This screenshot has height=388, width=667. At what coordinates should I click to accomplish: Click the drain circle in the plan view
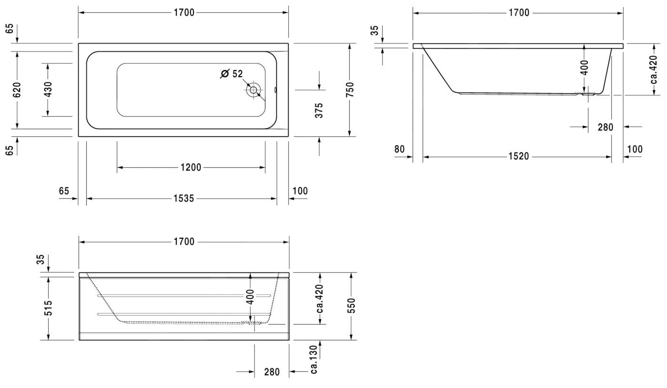click(x=253, y=90)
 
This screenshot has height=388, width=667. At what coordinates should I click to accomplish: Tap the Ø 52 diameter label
click(x=232, y=74)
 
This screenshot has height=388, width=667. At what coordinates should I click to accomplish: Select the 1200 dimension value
click(x=191, y=167)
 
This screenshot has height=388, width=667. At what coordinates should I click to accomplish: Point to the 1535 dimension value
click(x=183, y=198)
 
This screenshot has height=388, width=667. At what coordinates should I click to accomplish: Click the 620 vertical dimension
click(x=17, y=90)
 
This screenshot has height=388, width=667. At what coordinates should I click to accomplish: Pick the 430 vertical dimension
click(x=48, y=90)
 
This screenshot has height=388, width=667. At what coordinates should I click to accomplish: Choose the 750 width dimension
click(x=350, y=90)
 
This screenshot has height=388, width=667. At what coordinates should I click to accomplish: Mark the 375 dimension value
click(x=319, y=110)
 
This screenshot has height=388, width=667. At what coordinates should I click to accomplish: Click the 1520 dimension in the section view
click(x=518, y=156)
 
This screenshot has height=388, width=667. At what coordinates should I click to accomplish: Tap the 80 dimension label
click(x=399, y=149)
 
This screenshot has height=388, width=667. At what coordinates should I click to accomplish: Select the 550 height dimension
click(x=351, y=306)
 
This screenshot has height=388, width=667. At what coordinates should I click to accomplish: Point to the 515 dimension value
click(x=48, y=308)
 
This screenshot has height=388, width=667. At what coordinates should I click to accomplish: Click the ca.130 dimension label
click(x=313, y=359)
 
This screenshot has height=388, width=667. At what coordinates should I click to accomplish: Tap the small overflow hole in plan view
click(x=276, y=90)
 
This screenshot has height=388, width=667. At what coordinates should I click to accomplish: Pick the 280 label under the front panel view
click(x=272, y=372)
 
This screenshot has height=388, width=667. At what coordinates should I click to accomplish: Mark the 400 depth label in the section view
click(x=585, y=67)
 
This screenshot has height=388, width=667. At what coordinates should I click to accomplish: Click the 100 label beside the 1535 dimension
click(x=300, y=191)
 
